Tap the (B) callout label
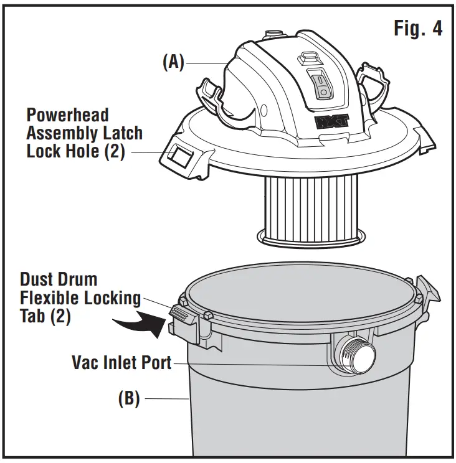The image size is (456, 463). (129, 398)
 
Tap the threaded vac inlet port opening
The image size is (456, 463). (363, 355)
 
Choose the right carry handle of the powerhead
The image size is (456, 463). (373, 87)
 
